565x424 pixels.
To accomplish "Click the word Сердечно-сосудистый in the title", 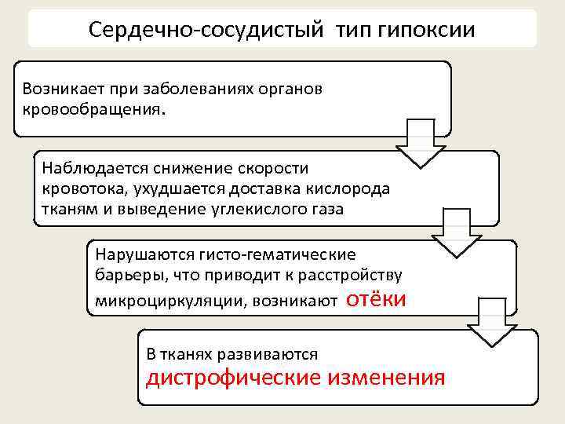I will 206,30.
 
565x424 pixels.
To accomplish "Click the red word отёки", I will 376,298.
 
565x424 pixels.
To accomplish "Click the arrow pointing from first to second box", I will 421,143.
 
